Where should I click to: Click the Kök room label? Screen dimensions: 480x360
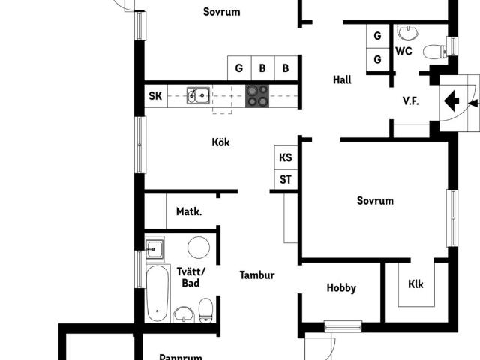pos(220,142)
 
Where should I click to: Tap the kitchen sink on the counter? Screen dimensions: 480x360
pos(198,96)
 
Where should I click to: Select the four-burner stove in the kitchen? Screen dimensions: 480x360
pos(257,96)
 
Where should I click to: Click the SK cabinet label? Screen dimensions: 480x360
pos(155,96)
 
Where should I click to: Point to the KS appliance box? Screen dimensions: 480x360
pos(286,157)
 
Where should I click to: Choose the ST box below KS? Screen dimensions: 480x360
pos(286,179)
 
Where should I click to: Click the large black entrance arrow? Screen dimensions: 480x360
pos(451,100)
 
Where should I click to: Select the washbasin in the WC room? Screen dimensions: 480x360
pos(408,32)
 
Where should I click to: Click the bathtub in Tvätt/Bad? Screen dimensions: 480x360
pos(157,293)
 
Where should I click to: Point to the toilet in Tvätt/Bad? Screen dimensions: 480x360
pos(205,310)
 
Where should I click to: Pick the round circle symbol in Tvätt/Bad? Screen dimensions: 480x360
pos(199,247)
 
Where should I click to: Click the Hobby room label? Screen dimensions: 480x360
pos(341,288)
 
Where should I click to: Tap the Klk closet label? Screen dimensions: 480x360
pos(415,284)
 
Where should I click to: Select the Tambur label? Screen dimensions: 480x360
pos(257,275)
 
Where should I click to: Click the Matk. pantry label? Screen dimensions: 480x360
pos(189,211)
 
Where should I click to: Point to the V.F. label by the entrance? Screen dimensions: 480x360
pos(410,100)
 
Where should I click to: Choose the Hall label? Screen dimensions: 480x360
pos(342,80)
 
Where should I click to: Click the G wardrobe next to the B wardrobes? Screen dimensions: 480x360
pos(239,68)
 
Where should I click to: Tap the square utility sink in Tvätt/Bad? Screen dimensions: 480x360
pos(154,249)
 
